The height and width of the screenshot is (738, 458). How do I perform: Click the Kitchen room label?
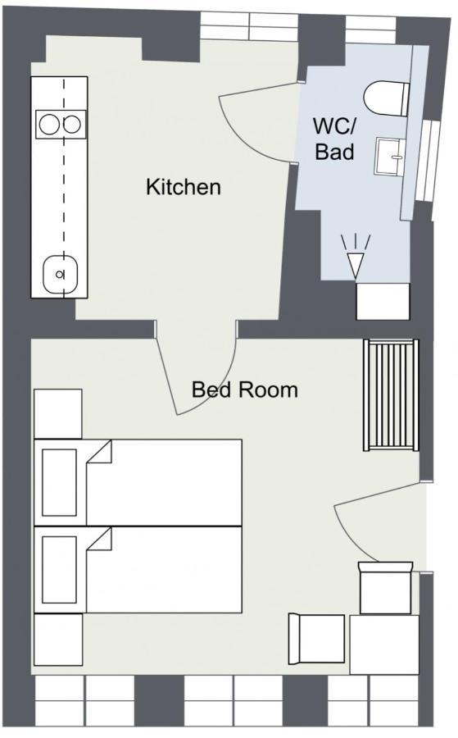[x=183, y=187]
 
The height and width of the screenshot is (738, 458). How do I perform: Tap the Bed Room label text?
[x=244, y=389]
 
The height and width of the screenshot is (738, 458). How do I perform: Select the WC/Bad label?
[x=335, y=139]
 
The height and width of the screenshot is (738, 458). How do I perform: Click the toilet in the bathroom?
[x=387, y=98]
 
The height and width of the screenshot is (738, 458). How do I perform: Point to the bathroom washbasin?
[x=390, y=157]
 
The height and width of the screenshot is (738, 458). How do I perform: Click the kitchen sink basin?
[x=60, y=274]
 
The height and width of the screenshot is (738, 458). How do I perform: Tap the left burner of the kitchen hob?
[x=49, y=125]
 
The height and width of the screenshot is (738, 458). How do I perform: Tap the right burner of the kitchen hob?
[x=72, y=125]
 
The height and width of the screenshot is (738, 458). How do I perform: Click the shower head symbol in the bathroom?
[x=356, y=257]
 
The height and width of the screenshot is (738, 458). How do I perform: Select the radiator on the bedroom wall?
[x=391, y=395]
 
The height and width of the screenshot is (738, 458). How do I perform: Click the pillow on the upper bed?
[x=59, y=482]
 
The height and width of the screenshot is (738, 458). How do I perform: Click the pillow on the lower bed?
[x=59, y=570]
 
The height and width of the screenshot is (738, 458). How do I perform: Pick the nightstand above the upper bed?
[x=58, y=414]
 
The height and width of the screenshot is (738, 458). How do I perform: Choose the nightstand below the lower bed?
[x=58, y=639]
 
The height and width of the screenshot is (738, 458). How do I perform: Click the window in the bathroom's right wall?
[x=429, y=161]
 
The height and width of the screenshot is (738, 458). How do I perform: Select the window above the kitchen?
[x=249, y=26]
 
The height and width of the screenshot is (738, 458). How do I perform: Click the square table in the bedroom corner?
[x=384, y=645]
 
